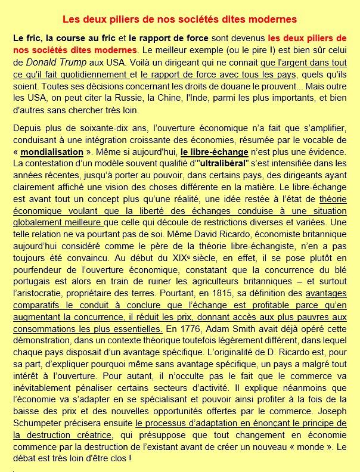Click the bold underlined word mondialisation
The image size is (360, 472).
pyautogui.click(x=52, y=152)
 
